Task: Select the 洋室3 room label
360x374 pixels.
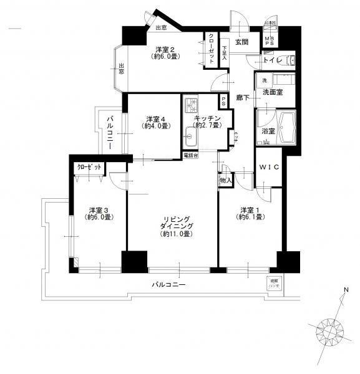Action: click(99, 213)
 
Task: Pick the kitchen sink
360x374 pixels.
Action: click(190, 133)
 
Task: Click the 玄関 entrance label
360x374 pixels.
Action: click(242, 42)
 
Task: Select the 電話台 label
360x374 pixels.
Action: click(188, 155)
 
